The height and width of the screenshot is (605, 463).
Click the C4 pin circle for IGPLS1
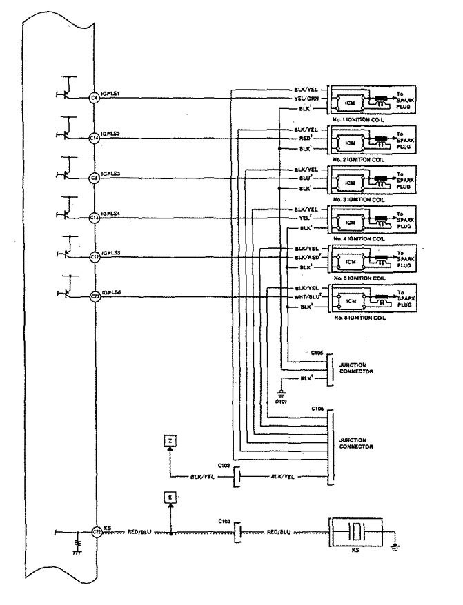[x=95, y=98]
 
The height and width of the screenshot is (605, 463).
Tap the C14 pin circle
[x=95, y=137]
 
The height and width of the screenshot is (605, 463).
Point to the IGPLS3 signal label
[x=112, y=174]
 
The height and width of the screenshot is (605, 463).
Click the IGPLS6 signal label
[x=112, y=292]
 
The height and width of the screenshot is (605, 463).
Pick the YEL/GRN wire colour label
[x=305, y=98]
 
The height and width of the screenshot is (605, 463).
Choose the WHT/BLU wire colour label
[x=305, y=296]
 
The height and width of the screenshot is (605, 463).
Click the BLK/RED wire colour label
[x=305, y=256]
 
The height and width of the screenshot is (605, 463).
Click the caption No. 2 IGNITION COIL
[x=359, y=159]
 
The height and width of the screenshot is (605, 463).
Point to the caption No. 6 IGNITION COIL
[x=359, y=319]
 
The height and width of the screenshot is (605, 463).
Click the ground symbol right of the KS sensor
[x=394, y=548]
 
